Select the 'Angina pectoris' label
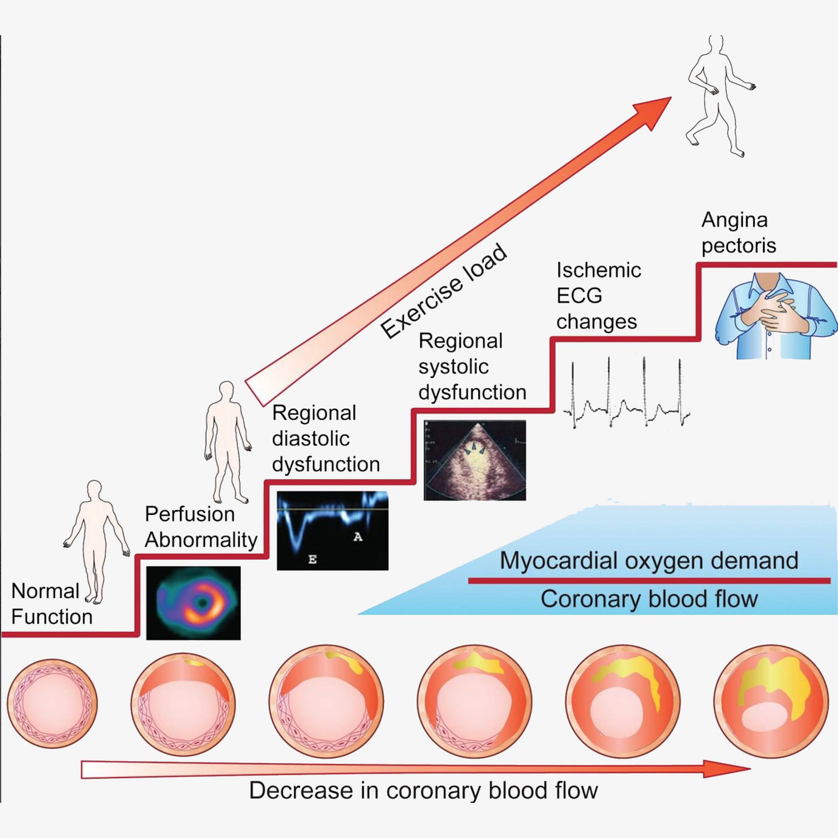(x=738, y=232)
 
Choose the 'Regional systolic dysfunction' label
(x=472, y=367)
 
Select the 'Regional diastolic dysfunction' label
(x=325, y=439)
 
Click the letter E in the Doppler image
(x=312, y=559)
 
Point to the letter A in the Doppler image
(x=357, y=537)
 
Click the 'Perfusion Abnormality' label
(x=201, y=527)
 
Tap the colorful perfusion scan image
(x=193, y=602)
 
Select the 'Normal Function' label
(x=51, y=604)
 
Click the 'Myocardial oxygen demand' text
(x=649, y=560)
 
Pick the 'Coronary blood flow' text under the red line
(x=649, y=599)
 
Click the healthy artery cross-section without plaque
(x=52, y=703)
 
